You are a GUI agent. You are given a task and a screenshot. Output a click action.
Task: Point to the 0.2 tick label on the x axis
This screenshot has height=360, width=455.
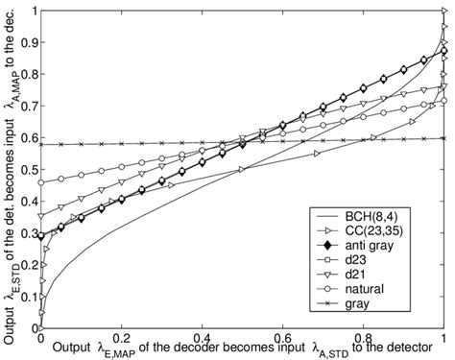pos(121,340)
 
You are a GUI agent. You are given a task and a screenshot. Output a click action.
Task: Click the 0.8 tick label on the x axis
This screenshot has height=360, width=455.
pos(363,340)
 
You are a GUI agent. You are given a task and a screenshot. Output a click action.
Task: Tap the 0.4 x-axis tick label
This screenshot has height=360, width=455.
pos(202,340)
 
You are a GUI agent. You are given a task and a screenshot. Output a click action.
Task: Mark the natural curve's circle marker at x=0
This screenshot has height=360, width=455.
pos(40,182)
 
